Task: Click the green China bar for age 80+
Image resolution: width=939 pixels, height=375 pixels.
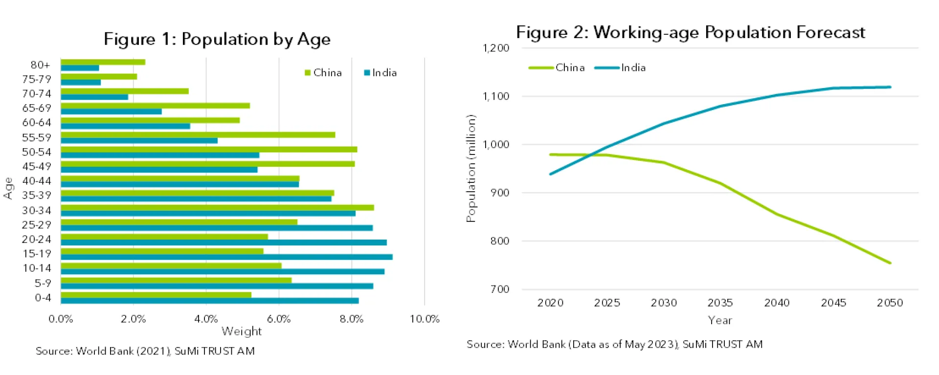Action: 103,62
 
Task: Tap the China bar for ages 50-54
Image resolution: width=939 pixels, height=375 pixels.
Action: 208,150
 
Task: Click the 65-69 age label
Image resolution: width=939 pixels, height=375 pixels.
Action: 37,108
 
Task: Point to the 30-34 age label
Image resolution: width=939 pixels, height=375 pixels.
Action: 37,210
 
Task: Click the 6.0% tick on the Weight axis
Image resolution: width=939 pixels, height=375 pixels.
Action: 279,319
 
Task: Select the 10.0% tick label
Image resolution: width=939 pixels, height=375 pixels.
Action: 424,319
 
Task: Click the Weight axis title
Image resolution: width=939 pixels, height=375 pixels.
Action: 242,331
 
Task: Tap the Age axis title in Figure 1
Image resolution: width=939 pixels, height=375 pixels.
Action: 8,188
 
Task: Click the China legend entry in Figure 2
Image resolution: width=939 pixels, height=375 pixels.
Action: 558,67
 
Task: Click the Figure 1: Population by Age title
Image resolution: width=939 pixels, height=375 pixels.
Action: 217,39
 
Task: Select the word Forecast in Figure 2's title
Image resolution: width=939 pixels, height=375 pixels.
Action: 830,32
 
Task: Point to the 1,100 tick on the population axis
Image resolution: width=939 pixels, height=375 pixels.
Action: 496,96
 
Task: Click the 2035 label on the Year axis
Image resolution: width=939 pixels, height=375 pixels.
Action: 720,303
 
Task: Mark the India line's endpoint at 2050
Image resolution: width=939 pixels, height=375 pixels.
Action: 890,87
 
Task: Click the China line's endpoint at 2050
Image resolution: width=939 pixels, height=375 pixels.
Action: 890,263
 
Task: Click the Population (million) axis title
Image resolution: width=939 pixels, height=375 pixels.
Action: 470,169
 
